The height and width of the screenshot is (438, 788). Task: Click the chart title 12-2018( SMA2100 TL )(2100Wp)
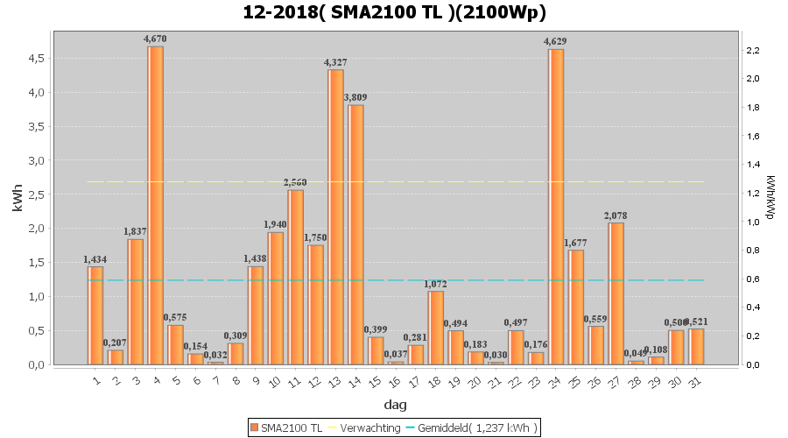(x=393, y=13)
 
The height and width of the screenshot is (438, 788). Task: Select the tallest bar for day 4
(x=155, y=205)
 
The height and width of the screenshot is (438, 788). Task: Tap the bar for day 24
(x=555, y=207)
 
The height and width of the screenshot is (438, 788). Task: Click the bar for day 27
(x=616, y=293)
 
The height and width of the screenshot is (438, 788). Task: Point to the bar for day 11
(x=295, y=277)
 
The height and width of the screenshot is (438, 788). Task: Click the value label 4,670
(x=155, y=39)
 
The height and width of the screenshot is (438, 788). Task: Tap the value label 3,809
(x=355, y=97)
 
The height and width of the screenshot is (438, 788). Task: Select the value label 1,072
(x=435, y=284)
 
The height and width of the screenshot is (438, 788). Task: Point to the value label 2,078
(x=616, y=215)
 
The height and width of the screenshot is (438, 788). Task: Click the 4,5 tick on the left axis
(x=34, y=58)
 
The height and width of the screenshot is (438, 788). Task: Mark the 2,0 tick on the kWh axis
(x=34, y=229)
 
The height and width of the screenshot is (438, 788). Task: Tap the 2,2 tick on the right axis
(x=752, y=50)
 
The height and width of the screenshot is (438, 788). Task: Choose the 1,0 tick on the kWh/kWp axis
(x=752, y=222)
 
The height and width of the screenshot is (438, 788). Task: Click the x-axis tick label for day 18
(x=434, y=381)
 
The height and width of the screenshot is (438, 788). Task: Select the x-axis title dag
(x=395, y=405)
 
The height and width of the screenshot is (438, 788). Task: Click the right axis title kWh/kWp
(x=770, y=197)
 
